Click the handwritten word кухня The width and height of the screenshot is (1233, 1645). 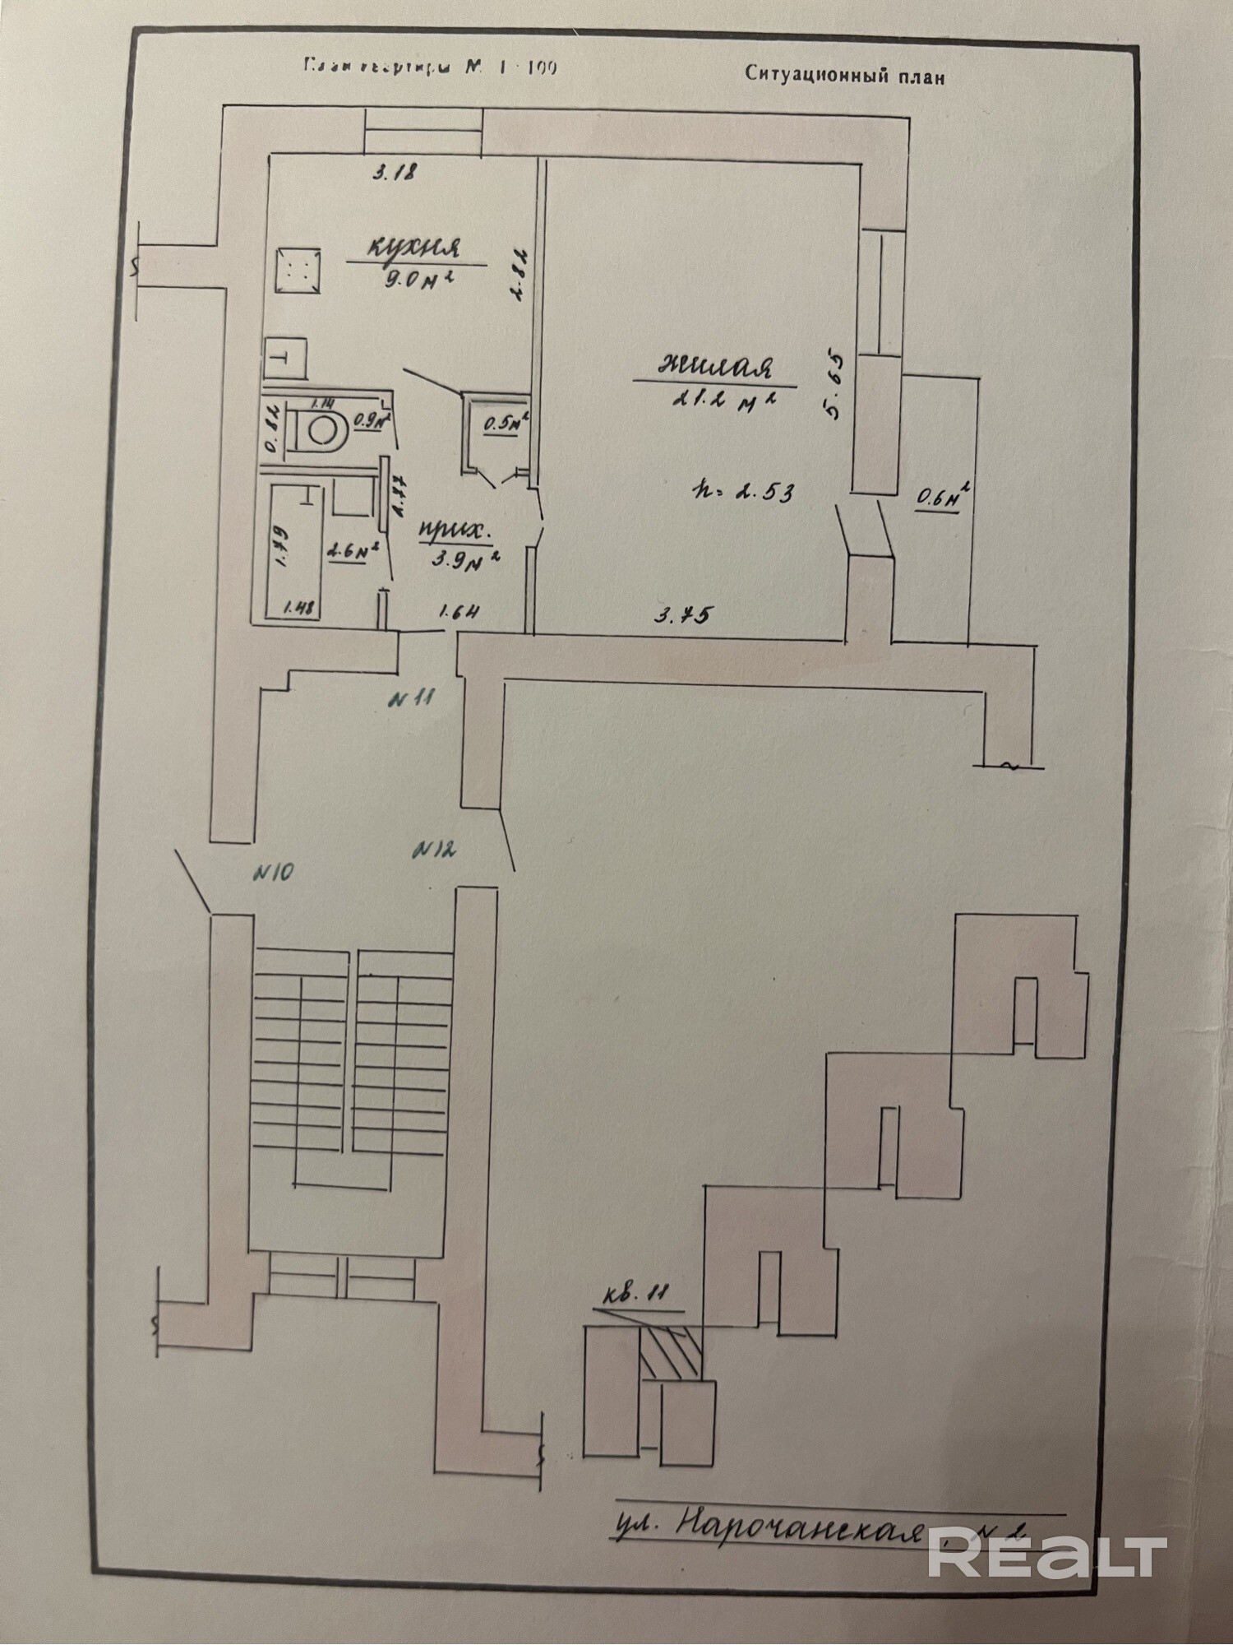coord(413,246)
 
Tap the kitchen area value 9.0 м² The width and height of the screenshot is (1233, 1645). coord(418,280)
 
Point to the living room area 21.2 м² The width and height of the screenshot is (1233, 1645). coord(724,401)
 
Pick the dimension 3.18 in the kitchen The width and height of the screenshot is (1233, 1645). coord(396,173)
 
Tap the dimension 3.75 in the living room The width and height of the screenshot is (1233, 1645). coord(682,614)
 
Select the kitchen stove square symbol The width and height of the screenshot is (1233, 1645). coord(298,269)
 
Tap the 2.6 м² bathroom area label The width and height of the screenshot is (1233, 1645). coord(352,552)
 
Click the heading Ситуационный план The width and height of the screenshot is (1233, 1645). coord(844,75)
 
